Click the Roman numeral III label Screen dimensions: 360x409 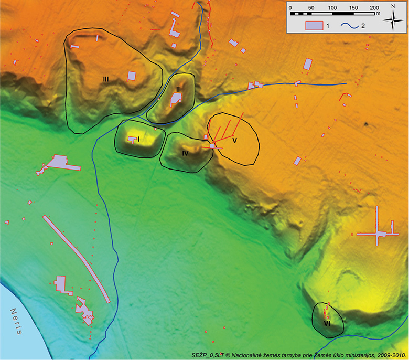tap(106, 79)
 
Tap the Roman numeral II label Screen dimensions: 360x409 tap(178, 90)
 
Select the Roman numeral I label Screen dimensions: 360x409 tap(139, 139)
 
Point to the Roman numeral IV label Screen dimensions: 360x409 tap(185, 153)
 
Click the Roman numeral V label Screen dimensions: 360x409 tap(235, 141)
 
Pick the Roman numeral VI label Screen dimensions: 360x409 tap(327, 324)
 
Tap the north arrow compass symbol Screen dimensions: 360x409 tap(393, 19)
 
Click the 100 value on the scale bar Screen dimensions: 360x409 tap(332, 8)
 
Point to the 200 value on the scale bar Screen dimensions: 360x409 tap(374, 8)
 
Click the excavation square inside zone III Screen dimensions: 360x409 tap(132, 76)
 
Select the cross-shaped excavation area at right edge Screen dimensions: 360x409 tap(379, 232)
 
